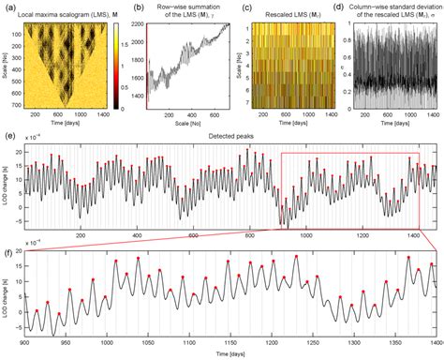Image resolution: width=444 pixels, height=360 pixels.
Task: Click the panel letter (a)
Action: point(7,7)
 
